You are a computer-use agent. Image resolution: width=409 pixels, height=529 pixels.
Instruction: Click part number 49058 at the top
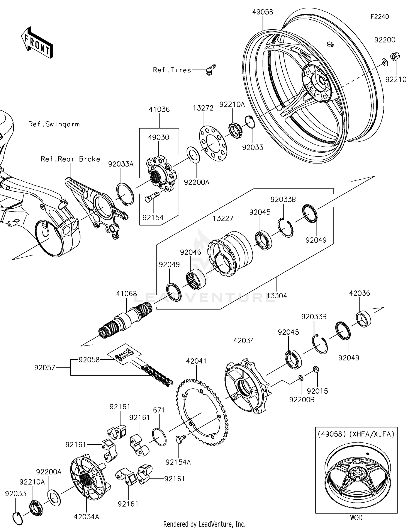coord(263,12)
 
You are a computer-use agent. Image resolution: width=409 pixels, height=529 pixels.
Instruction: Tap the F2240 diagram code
coord(380,17)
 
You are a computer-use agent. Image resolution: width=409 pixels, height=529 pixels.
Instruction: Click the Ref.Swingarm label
coord(54,124)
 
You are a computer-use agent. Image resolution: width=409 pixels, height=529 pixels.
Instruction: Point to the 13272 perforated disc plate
coord(213,143)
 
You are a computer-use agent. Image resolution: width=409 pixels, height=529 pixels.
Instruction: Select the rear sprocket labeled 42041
coord(202,412)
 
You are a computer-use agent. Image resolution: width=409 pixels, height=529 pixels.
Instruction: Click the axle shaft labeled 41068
coord(125,322)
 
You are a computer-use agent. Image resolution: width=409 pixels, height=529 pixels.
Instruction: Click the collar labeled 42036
coord(364,318)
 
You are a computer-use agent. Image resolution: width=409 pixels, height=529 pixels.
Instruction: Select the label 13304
coord(277,296)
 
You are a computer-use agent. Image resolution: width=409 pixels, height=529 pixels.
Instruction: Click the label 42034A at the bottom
coord(86,517)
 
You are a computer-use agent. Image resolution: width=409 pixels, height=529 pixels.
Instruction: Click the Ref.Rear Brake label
coord(70,159)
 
